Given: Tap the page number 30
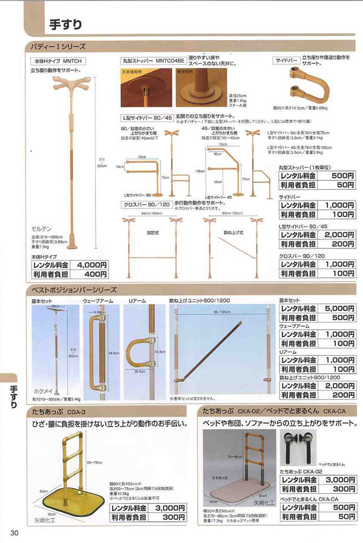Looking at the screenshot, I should click(x=15, y=533).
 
